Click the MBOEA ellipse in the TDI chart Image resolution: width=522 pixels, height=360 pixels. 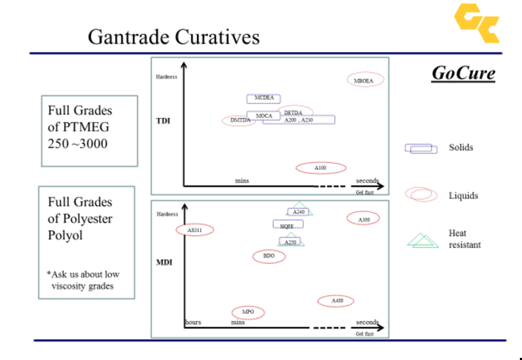click(x=365, y=80)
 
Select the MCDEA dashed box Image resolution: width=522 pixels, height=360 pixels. click(x=264, y=98)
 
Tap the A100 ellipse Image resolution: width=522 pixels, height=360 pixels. click(x=321, y=168)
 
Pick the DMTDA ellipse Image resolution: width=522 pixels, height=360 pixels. click(x=239, y=120)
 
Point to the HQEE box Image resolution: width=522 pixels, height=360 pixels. click(x=288, y=224)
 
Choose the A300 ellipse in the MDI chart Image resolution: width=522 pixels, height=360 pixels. click(x=363, y=219)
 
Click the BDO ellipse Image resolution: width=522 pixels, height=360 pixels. click(x=269, y=256)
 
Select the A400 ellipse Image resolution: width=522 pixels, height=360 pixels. click(x=336, y=301)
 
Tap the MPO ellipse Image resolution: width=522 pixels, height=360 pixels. click(x=248, y=313)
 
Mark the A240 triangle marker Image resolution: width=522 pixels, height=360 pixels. click(x=299, y=211)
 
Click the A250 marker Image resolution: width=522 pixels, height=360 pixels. click(x=291, y=241)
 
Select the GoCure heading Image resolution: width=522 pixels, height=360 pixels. click(x=463, y=73)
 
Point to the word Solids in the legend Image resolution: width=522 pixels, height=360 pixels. click(x=461, y=147)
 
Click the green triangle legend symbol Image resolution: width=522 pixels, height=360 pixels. click(x=423, y=240)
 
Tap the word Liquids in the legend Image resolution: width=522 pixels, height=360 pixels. click(x=463, y=195)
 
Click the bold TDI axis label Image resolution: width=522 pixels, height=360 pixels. click(x=163, y=121)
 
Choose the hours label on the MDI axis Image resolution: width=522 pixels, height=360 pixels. click(x=193, y=322)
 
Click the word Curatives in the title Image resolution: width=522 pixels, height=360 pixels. click(x=217, y=37)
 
